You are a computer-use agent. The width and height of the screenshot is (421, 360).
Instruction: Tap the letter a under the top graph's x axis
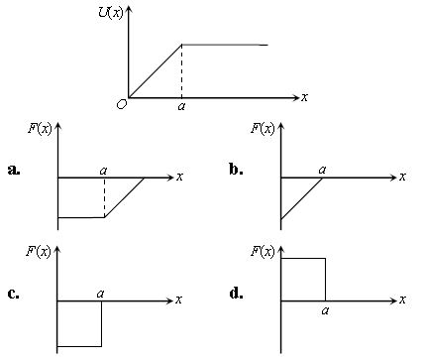pos(180,107)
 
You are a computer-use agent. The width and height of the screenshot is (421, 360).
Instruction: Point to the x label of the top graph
pos(304,97)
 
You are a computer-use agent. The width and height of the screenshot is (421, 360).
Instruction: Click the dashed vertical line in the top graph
pos(180,71)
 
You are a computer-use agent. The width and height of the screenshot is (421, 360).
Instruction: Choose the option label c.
pos(13,294)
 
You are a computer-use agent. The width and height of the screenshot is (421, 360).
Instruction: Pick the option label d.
pos(236,294)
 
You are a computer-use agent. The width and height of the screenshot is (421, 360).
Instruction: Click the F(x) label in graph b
pos(263,127)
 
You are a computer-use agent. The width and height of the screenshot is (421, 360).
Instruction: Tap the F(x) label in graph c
pos(41,250)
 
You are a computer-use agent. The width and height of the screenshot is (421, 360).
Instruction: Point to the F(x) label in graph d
pos(263,250)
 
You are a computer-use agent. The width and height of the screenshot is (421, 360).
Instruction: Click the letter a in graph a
pos(104,170)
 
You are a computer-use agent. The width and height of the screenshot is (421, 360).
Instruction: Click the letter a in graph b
pos(323,170)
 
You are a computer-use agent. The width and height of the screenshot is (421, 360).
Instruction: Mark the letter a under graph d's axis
pos(324,310)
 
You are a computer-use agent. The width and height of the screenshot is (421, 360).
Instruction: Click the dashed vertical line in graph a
pos(104,197)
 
